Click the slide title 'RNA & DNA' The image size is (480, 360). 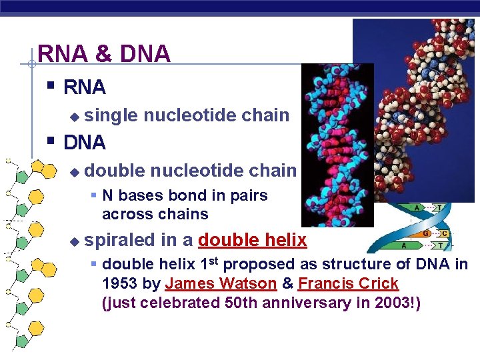104,54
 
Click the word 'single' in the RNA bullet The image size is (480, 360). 111,115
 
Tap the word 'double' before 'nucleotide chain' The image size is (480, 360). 115,171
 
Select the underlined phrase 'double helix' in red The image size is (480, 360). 252,240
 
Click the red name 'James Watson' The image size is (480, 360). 221,283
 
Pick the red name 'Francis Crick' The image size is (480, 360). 348,283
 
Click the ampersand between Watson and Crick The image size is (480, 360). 287,283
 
